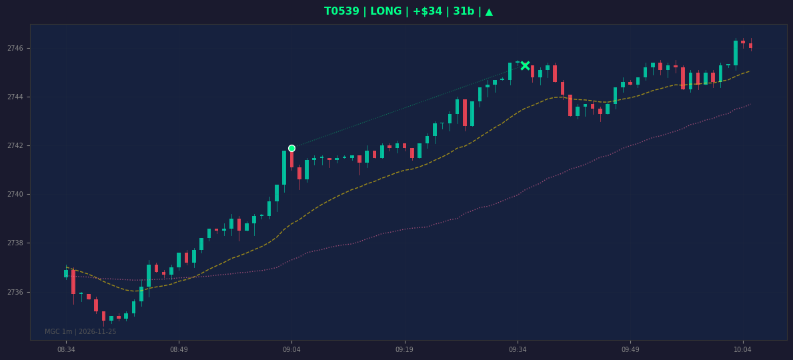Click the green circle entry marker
coord(292,148)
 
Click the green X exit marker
coord(526,65)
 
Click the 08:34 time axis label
coord(66,349)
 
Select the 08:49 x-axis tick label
coord(179,349)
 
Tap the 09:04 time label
coord(292,349)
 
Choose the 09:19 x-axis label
coord(405,349)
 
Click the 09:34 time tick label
coord(518,349)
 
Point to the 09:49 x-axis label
coord(630,349)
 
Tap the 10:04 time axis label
coord(743,349)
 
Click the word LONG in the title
coord(386,11)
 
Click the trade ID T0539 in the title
coord(342,11)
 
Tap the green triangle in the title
coord(489,11)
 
